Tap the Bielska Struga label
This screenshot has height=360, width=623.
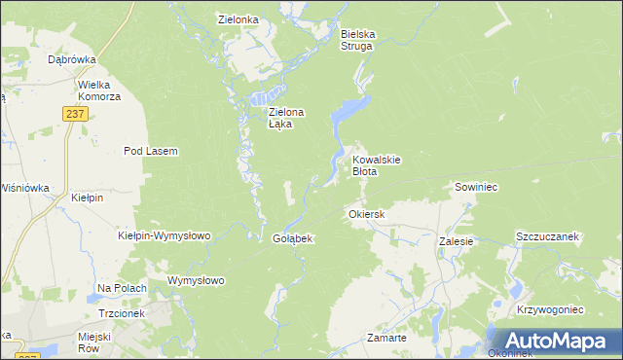357,39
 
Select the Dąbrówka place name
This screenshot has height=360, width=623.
70,59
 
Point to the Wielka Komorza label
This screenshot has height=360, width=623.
99,90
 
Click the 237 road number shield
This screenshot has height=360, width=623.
77,114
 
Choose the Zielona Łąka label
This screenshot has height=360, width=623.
286,118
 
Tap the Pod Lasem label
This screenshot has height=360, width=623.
150,151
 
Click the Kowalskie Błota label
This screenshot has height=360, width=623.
377,164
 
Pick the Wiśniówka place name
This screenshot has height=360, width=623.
25,188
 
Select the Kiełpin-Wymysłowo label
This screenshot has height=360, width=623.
164,235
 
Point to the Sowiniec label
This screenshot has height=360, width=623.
476,186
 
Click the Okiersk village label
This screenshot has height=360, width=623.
367,213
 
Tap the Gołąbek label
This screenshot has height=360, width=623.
292,238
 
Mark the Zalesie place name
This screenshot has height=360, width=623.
456,240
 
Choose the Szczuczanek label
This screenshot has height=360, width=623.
547,236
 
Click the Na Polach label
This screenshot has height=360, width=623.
122,288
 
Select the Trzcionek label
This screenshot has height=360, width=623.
122,314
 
